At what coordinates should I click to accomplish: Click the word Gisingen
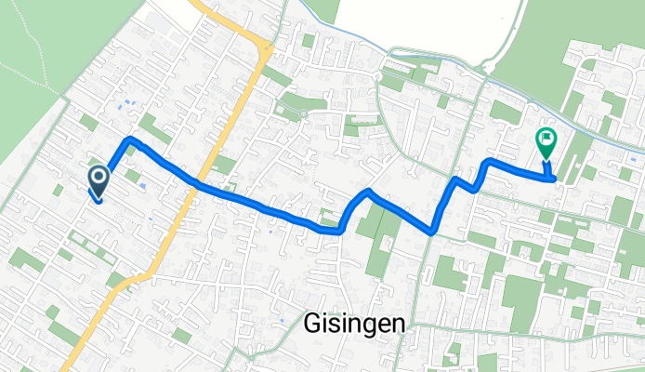tap(354, 323)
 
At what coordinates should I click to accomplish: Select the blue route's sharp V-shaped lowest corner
tap(433, 230)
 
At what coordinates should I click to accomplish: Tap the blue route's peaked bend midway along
tap(369, 193)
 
